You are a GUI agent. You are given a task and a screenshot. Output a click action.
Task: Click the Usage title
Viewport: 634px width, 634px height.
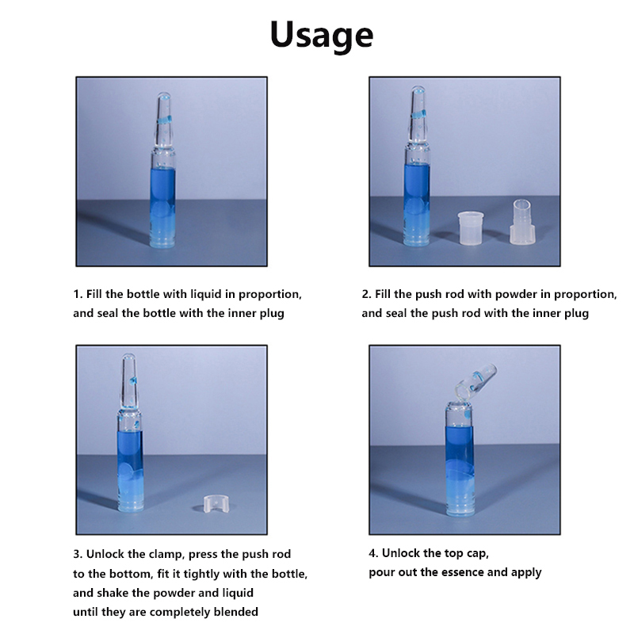coord(322,36)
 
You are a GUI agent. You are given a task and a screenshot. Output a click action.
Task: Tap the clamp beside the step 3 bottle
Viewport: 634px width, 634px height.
coord(216,504)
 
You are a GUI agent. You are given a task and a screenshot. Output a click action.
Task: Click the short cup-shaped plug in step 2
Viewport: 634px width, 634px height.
coord(471,227)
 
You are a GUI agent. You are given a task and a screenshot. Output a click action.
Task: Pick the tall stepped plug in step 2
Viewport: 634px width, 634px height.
coord(522,222)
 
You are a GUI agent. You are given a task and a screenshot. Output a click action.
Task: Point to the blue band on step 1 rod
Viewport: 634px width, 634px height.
coord(164,120)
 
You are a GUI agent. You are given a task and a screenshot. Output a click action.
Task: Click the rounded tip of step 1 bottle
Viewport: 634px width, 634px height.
coord(164,97)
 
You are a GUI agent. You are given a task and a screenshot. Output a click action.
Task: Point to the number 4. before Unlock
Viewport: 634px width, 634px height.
coord(373,553)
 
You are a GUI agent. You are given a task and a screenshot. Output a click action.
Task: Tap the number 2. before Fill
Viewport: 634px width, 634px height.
coord(366,294)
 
